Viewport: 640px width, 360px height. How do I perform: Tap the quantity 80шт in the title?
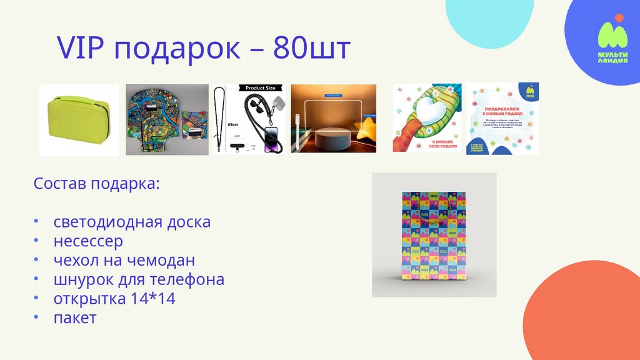pos(312,48)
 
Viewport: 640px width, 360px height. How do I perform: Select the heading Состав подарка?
pos(96,184)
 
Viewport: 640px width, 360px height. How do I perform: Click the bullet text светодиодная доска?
pos(132,222)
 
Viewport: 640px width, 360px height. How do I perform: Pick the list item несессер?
pos(88,241)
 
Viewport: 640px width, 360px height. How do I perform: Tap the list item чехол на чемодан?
pos(124,261)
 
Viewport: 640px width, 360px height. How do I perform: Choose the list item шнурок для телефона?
pos(139,279)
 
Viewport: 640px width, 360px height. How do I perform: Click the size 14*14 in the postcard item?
pos(153,299)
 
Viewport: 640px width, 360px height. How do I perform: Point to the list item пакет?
pos(75,317)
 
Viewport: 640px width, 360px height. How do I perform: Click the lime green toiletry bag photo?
pos(78,121)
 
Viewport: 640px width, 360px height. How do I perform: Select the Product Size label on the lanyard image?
pos(260,88)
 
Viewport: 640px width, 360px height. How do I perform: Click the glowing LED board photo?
pos(333,119)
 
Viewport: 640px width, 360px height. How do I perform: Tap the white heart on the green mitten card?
pos(431,112)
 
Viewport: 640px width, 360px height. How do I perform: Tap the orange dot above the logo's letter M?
pos(619,17)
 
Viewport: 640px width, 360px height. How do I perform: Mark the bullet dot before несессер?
pos(36,241)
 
